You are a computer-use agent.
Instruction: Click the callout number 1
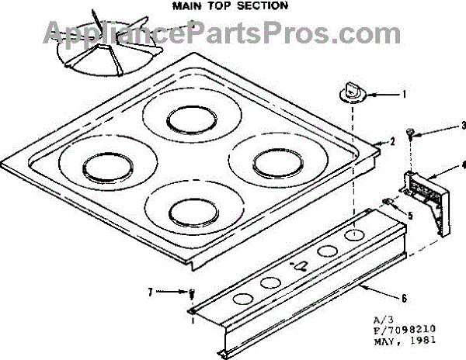(404, 95)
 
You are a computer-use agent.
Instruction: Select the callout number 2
(392, 140)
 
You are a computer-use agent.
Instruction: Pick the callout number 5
(410, 214)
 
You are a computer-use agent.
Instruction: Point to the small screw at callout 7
(191, 293)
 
